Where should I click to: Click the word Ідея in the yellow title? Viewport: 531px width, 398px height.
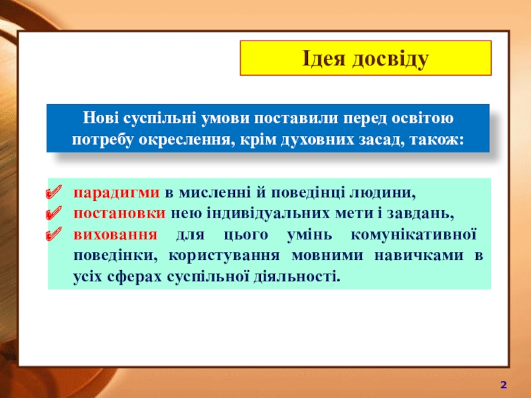[x=323, y=59]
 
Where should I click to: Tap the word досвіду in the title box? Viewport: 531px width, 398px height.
[x=390, y=60]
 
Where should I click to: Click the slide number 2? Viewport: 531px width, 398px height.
[x=504, y=385]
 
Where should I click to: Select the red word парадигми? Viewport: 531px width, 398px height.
[x=117, y=193]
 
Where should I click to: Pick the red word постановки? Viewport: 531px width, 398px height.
[x=119, y=214]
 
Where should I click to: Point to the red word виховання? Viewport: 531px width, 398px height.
[x=115, y=235]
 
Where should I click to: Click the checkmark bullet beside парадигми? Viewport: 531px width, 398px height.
[x=54, y=192]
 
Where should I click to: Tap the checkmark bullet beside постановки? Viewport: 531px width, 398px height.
[x=54, y=213]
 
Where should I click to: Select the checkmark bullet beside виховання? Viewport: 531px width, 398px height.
[x=54, y=234]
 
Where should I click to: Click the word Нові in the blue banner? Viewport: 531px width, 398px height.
[x=101, y=118]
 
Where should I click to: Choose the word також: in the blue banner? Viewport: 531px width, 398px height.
[x=437, y=139]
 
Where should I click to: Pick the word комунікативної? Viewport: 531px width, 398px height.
[x=414, y=235]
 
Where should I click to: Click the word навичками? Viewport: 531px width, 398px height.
[x=419, y=255]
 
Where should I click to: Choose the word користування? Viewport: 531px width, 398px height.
[x=224, y=255]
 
